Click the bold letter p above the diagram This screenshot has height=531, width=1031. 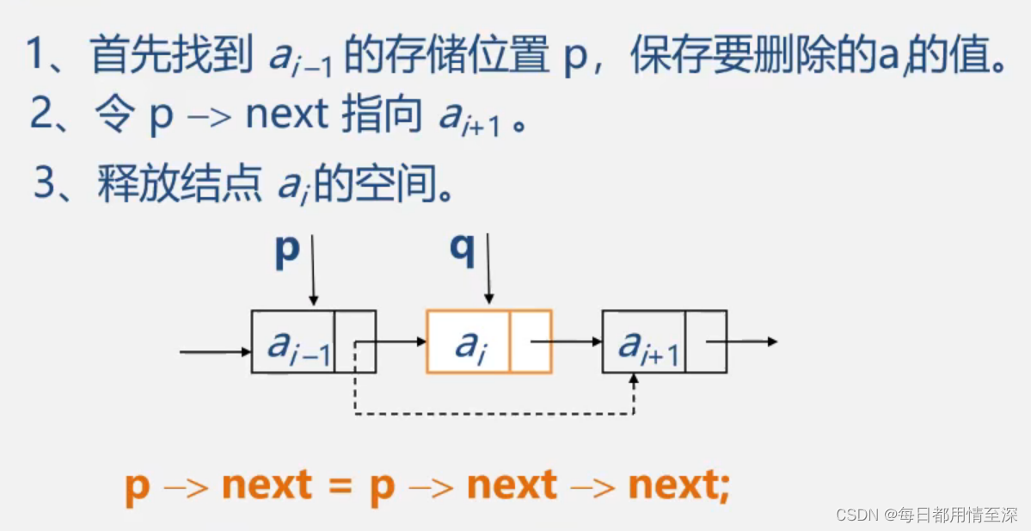point(287,251)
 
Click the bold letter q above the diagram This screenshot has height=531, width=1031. point(463,251)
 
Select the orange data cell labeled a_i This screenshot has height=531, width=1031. point(468,342)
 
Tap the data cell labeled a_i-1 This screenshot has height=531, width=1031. point(292,342)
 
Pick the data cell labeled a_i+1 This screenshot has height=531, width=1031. point(644,342)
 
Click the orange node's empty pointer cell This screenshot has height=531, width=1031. point(531,342)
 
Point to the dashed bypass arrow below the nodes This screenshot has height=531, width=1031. point(494,415)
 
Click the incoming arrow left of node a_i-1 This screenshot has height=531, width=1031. point(215,351)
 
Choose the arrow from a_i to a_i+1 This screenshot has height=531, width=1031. point(568,342)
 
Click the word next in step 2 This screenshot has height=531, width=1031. point(287,115)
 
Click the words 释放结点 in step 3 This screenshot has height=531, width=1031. point(180,182)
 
